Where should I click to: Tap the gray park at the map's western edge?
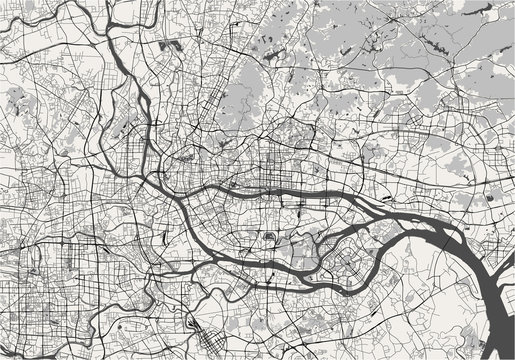[x=15, y=95]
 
